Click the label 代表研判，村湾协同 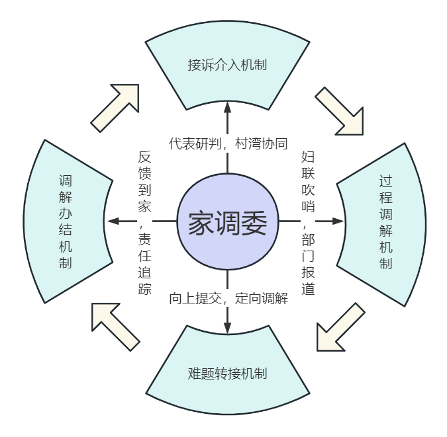pyautogui.click(x=228, y=143)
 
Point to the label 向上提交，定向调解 pyautogui.click(x=228, y=298)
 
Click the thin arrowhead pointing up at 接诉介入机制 pyautogui.click(x=227, y=107)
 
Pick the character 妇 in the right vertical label pyautogui.click(x=308, y=157)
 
